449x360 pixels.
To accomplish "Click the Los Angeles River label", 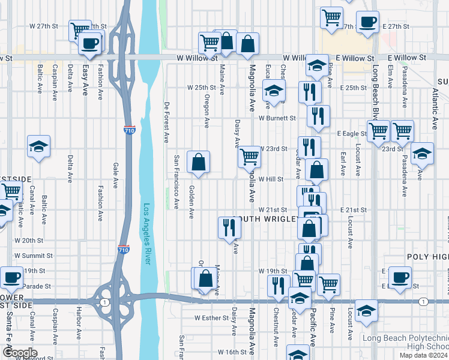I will click(x=146, y=235).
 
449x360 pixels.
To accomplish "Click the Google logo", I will click(x=19, y=353).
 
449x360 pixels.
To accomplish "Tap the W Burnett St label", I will click(x=277, y=119).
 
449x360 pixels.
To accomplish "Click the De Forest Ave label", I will click(x=166, y=122).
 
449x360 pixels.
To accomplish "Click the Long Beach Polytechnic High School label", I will click(x=405, y=342).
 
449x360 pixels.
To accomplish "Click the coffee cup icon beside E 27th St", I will click(x=367, y=23).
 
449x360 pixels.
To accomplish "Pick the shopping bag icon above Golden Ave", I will click(x=198, y=162).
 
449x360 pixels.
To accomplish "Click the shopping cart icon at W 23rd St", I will click(x=249, y=157).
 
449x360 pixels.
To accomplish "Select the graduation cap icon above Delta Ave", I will click(x=38, y=146).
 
